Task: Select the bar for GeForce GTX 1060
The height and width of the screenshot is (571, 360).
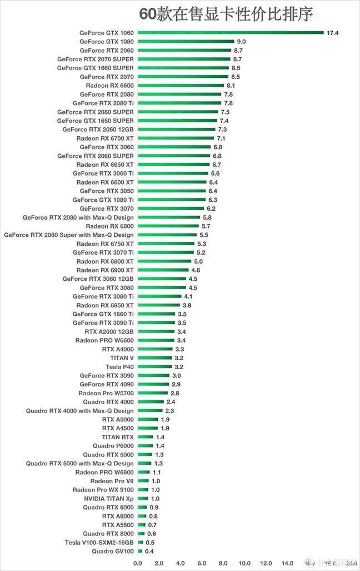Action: tap(231, 33)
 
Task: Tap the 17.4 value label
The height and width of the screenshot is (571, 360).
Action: tap(332, 33)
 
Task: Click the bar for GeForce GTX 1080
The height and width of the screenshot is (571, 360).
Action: tap(186, 42)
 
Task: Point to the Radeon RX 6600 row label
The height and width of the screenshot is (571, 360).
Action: tap(109, 86)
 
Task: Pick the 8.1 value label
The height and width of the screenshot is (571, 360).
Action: tap(232, 86)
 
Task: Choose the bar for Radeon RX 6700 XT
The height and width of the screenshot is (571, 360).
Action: tap(176, 138)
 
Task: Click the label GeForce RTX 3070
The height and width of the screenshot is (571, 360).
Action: tap(107, 208)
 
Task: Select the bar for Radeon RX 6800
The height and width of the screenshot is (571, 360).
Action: tap(168, 226)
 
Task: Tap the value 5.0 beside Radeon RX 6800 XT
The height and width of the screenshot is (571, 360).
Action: tap(198, 261)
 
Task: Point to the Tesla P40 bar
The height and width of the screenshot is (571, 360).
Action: tap(154, 367)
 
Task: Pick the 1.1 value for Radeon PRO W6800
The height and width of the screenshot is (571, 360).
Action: tap(157, 472)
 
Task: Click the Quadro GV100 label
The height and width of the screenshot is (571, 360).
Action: tap(113, 551)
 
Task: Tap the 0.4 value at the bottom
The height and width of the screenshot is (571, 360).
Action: tap(149, 551)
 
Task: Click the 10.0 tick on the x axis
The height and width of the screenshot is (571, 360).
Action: tap(245, 563)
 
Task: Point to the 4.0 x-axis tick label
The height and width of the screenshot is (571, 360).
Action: tap(181, 563)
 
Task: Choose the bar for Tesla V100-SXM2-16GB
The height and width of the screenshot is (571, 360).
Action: tap(140, 542)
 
